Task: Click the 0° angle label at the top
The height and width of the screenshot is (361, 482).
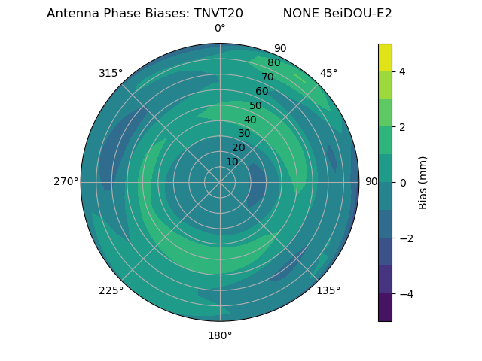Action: [220, 29]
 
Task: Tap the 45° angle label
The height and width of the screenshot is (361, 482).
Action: [328, 73]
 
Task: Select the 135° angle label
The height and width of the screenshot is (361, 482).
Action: [328, 290]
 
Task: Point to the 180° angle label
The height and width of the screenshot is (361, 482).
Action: [220, 335]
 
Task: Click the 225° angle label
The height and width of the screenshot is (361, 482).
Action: [111, 290]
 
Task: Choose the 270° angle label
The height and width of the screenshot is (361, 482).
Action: [66, 181]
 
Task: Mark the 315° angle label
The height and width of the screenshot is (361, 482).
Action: [111, 73]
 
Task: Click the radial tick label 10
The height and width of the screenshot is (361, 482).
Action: [232, 162]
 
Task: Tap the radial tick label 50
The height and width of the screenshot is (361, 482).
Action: [255, 106]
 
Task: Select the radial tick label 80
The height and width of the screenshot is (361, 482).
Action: [273, 63]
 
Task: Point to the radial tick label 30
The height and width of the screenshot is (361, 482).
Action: [244, 134]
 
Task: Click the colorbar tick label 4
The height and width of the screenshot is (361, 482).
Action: [402, 71]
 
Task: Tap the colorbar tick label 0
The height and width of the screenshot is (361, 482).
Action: [402, 182]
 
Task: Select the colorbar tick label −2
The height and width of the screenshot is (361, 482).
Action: [405, 238]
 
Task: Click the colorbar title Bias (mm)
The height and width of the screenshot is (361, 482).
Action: [423, 182]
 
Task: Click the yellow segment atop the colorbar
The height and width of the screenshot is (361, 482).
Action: [385, 57]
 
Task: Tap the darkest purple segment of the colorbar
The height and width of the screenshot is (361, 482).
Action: [385, 307]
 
